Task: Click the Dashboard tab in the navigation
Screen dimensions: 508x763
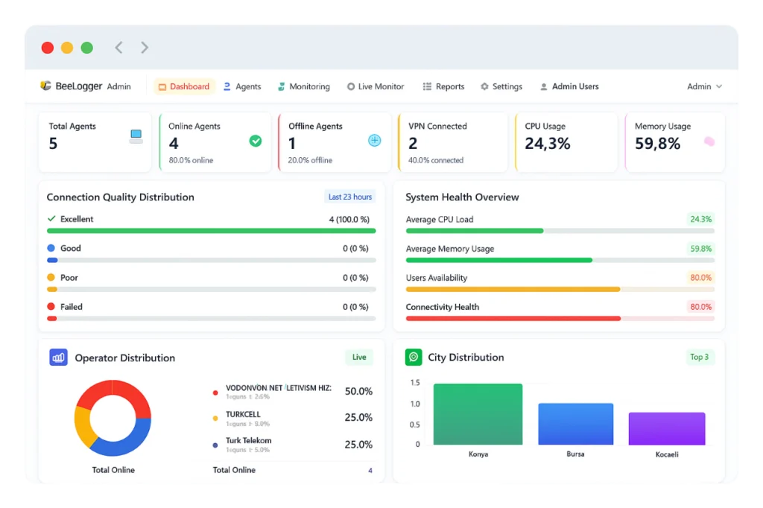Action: point(184,86)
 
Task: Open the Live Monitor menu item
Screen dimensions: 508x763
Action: point(376,86)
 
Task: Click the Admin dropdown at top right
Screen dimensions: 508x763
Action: point(704,86)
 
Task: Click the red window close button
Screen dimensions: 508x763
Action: point(48,48)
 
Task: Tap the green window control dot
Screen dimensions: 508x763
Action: point(87,48)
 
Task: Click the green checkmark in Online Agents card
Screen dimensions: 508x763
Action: point(256,141)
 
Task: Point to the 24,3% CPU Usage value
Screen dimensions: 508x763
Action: point(548,144)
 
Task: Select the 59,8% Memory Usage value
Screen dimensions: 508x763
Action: point(657,144)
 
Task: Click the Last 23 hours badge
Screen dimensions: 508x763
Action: point(349,197)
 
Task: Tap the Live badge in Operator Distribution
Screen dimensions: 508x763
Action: point(359,358)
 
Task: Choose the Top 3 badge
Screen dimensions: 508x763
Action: point(699,357)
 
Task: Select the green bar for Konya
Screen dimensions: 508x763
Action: point(478,414)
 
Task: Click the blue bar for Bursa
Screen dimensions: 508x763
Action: point(575,424)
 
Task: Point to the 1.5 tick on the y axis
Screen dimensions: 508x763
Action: point(415,383)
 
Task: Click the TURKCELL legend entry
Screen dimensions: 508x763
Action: point(243,415)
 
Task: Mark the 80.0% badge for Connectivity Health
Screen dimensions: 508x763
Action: point(700,307)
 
